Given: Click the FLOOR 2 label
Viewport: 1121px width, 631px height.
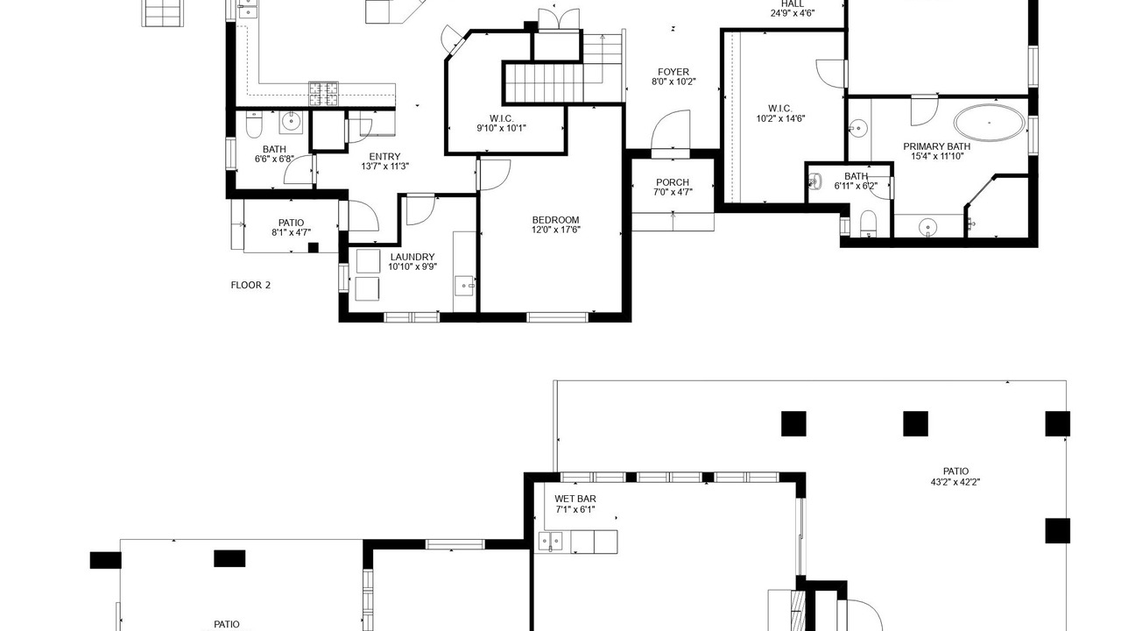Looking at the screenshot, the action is (x=250, y=285).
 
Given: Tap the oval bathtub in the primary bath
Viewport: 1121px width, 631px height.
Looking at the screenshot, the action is (x=989, y=122).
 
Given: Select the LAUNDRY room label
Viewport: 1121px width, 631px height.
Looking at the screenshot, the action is (x=412, y=257).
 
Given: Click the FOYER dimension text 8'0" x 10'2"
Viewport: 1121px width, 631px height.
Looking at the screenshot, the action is (x=673, y=82).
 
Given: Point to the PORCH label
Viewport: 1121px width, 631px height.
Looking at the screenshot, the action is (x=673, y=182).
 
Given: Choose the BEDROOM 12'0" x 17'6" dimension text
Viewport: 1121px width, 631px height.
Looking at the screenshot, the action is (x=555, y=230).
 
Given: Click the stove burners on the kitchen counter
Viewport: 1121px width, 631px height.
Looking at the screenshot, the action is (x=323, y=94).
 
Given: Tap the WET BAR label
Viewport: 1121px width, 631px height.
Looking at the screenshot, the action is (x=575, y=499).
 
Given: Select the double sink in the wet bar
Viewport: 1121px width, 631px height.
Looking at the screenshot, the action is (x=551, y=542).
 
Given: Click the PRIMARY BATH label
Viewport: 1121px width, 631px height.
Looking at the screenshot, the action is (x=937, y=146).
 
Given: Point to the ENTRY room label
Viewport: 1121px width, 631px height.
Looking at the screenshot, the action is (x=384, y=156).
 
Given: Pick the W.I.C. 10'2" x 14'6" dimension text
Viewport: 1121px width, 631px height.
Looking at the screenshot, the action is (x=780, y=118).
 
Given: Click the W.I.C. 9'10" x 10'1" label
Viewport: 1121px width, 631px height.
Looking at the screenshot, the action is (x=502, y=124).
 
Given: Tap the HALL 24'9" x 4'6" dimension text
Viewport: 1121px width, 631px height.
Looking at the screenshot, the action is (x=793, y=13).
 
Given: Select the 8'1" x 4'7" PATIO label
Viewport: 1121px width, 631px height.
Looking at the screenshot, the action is (x=292, y=227).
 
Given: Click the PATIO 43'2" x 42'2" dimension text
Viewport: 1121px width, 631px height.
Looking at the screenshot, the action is (x=955, y=482).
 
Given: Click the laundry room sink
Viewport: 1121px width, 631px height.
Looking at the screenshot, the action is (x=464, y=286).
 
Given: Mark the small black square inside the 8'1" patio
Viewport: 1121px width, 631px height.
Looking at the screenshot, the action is (x=314, y=247).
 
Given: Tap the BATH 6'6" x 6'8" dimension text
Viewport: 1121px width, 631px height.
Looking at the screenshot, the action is (x=274, y=160).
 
